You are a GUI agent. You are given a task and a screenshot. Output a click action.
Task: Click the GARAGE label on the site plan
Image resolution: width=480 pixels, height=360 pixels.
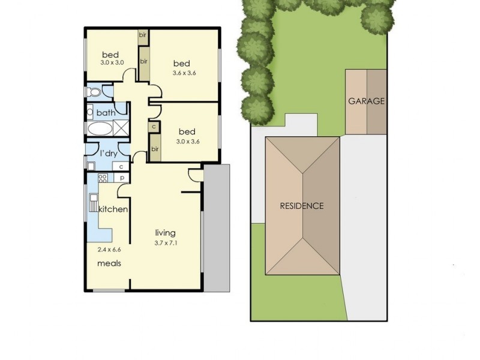[x=366, y=101]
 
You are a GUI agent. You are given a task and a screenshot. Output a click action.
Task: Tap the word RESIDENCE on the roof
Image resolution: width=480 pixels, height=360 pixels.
[x=302, y=206]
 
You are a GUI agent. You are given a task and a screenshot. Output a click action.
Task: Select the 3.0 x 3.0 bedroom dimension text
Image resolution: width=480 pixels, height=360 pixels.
[x=112, y=62]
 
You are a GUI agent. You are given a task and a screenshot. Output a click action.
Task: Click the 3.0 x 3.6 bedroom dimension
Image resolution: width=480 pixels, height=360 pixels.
[x=187, y=142]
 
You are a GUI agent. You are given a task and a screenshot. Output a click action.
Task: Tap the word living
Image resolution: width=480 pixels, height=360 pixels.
[x=165, y=233]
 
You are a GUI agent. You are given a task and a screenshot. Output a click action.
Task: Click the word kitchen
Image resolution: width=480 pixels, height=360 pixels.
[x=113, y=209]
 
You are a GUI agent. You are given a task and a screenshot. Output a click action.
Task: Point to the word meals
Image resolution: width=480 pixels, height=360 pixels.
[x=110, y=263]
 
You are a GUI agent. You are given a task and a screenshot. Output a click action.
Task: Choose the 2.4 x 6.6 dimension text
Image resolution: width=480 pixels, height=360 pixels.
[x=109, y=248]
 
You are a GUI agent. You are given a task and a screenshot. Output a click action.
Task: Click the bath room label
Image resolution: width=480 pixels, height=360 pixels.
[x=106, y=113]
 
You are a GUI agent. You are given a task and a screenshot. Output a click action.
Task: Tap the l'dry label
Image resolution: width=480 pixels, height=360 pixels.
[x=109, y=154]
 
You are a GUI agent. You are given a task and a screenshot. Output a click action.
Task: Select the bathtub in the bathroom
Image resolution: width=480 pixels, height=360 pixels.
[x=99, y=128]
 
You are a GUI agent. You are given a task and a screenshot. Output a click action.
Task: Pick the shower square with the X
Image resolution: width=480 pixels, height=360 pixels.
[x=122, y=128]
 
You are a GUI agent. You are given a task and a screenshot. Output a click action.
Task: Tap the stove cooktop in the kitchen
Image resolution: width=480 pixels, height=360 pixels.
[x=102, y=178]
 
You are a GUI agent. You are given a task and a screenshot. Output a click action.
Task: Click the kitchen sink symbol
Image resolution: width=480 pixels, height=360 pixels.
[x=94, y=202]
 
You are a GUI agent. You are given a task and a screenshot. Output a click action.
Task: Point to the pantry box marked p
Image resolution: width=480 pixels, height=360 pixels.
[x=121, y=178]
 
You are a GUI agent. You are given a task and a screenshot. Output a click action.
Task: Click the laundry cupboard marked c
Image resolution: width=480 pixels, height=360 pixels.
[x=121, y=166]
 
